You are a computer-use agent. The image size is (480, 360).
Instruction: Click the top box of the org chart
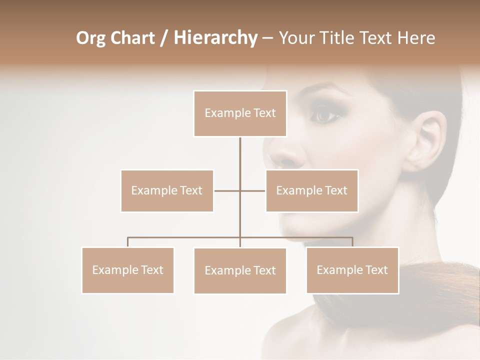240,113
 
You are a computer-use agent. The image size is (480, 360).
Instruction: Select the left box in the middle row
167,190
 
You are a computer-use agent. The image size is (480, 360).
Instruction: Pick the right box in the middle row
311,190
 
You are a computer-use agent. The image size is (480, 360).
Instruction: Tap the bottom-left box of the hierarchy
127,270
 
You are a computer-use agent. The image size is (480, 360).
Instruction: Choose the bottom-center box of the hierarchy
240,270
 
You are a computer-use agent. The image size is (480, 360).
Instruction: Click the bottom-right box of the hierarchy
352,270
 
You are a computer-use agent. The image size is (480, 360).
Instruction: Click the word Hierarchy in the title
215,38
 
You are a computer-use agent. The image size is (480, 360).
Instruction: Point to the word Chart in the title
132,38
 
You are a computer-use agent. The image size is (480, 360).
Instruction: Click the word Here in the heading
416,38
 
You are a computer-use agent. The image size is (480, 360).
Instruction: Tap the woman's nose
290,155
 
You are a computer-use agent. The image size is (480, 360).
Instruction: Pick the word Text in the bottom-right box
376,270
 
